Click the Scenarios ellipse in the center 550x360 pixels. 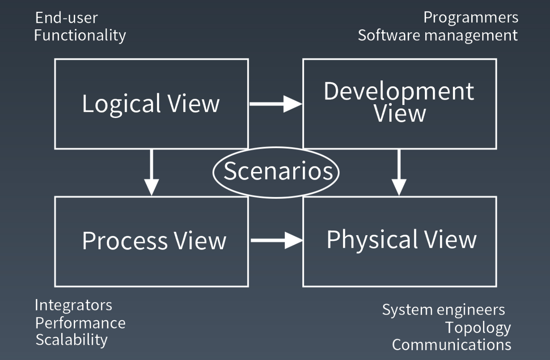[x=276, y=172]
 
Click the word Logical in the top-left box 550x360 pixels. [x=122, y=104]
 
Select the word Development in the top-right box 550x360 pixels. [x=399, y=91]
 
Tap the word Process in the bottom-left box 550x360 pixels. [x=125, y=241]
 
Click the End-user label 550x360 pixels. [x=67, y=18]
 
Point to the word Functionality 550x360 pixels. [x=80, y=35]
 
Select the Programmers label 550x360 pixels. [x=471, y=18]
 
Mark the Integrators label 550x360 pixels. [x=73, y=305]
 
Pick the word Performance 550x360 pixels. [x=80, y=323]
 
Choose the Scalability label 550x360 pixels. [x=72, y=340]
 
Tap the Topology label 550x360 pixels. [x=478, y=328]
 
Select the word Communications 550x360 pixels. [x=451, y=345]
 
